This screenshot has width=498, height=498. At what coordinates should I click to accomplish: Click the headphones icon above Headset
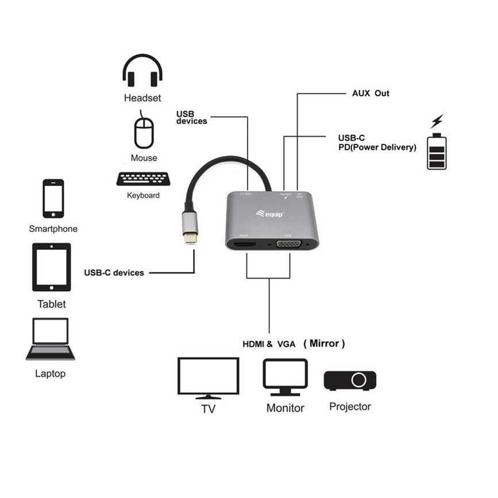(142, 71)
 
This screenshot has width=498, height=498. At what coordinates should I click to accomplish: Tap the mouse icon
(144, 133)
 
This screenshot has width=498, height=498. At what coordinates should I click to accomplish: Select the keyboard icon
(143, 179)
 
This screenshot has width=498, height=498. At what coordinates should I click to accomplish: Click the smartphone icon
(53, 198)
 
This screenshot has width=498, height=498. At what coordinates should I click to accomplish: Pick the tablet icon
(52, 267)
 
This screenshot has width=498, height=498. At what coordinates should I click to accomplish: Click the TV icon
(208, 377)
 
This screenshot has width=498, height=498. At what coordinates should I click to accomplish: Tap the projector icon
(350, 380)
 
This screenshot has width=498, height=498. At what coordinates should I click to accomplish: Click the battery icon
(437, 151)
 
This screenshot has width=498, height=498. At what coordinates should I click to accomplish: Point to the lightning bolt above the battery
(437, 121)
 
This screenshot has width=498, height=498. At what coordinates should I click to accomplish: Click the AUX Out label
(370, 93)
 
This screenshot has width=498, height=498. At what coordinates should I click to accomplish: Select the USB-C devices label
(114, 273)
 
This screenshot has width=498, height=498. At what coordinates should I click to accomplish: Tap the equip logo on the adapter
(270, 214)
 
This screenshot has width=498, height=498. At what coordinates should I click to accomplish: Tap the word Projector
(350, 407)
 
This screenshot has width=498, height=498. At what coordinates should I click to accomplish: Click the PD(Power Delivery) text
(377, 147)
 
